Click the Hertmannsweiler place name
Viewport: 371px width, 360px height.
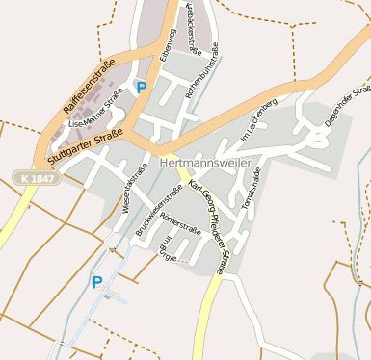coord(209,164)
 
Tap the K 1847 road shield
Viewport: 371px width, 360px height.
coord(37,178)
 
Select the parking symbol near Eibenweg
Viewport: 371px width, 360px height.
coord(142,88)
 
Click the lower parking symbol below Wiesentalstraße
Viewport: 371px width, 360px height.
coord(96,282)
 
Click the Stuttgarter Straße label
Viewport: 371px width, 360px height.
coord(86,141)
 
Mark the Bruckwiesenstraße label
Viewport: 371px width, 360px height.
coord(149,218)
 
